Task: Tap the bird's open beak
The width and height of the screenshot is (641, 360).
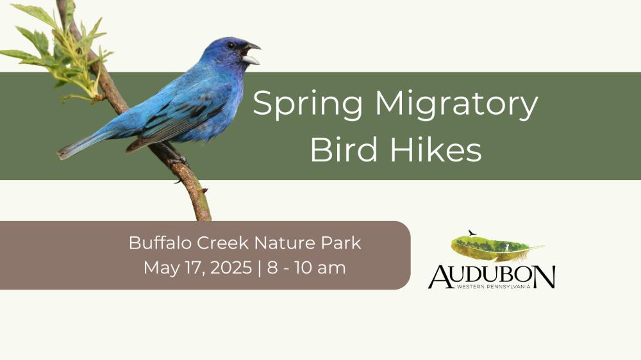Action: pos(251,54)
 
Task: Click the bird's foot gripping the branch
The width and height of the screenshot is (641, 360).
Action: pos(178,160)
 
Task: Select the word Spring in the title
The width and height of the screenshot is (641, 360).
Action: pos(308,104)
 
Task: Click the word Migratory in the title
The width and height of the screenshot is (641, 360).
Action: pos(456,104)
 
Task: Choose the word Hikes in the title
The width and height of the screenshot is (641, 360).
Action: pos(436,149)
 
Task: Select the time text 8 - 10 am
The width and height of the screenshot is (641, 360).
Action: pos(306,268)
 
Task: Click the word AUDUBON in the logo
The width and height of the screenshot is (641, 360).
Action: pos(492,276)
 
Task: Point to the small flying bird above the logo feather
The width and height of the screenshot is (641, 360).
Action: pos(472,233)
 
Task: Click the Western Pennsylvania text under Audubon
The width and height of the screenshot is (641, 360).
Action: pos(494,287)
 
